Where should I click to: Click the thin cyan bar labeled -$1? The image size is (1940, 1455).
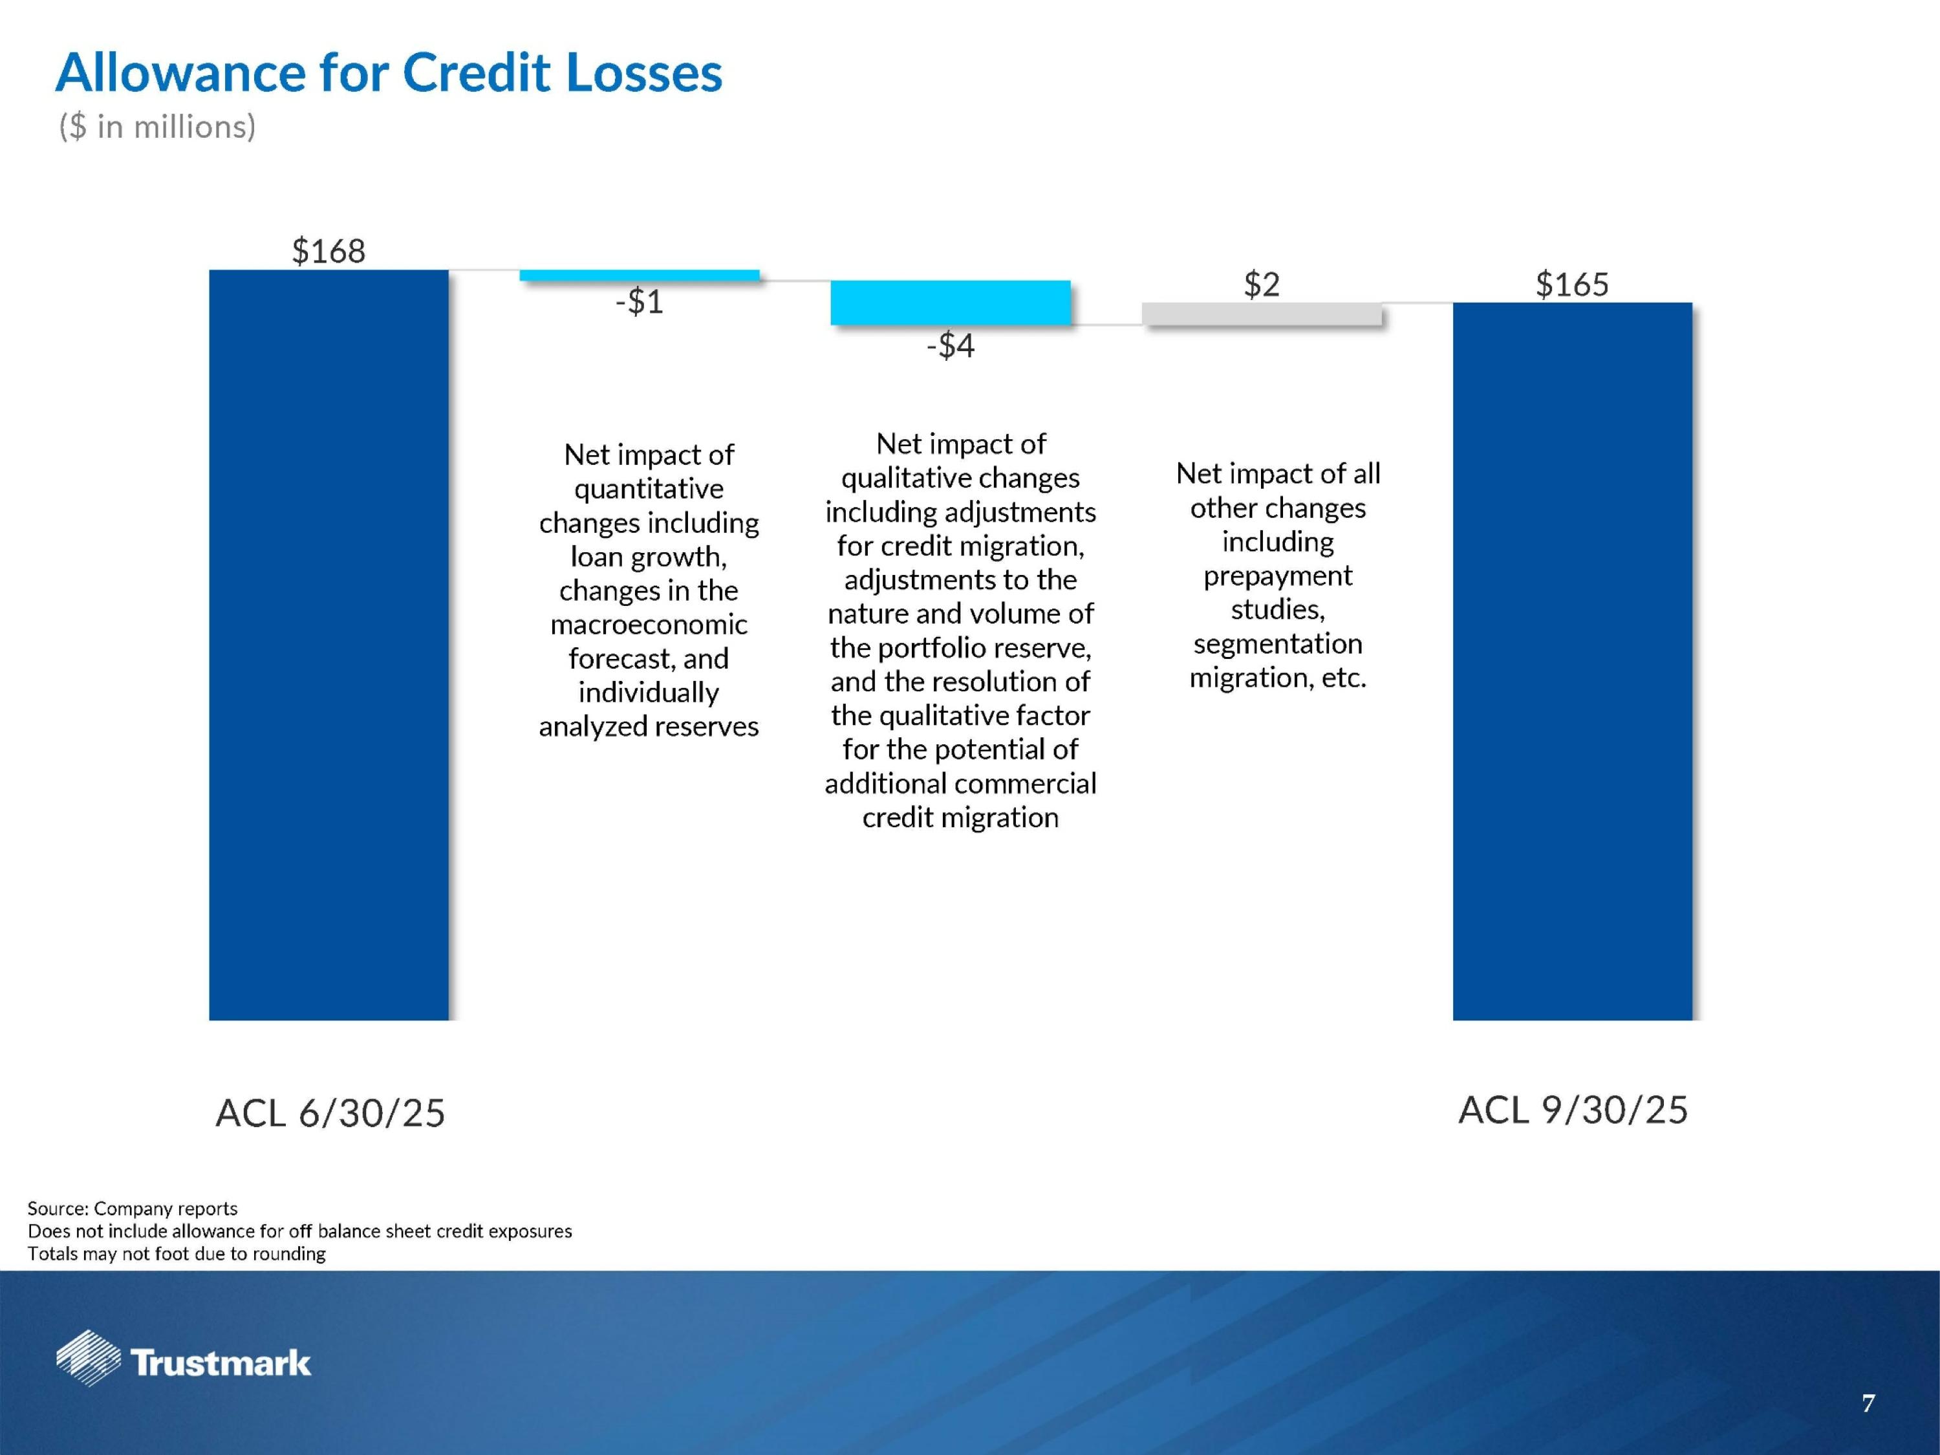click(x=640, y=275)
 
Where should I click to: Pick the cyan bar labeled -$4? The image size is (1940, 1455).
click(x=950, y=303)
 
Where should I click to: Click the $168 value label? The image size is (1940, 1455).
click(x=328, y=252)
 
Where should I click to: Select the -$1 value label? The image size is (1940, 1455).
click(x=640, y=302)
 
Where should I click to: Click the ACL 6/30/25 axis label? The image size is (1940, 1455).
click(x=330, y=1113)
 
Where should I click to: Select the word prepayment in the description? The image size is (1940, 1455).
click(x=1277, y=576)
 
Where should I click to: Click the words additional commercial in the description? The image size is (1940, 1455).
click(x=960, y=783)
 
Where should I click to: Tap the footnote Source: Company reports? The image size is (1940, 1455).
click(x=133, y=1209)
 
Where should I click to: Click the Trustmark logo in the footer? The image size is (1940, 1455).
click(x=184, y=1361)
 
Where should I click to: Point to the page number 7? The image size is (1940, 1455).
click(x=1868, y=1404)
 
